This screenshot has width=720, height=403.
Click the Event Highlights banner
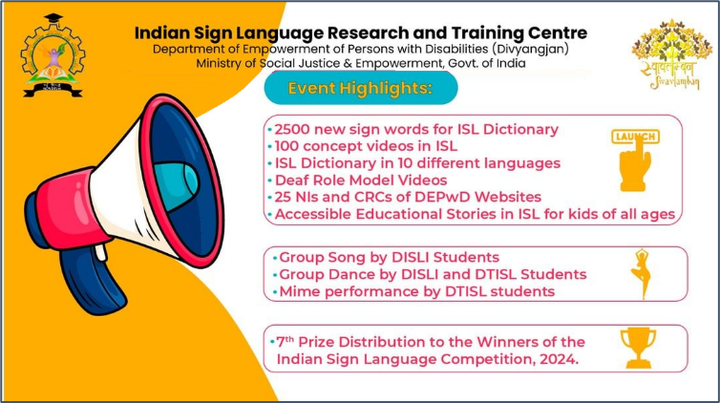[x=361, y=88]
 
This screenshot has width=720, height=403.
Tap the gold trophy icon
[x=638, y=348]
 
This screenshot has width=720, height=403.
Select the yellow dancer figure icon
[x=642, y=273]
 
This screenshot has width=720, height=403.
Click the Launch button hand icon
[x=636, y=160]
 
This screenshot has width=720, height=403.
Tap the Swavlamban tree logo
[x=672, y=54]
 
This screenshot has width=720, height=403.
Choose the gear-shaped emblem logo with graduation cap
[x=53, y=55]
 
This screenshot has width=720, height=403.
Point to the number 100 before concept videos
[x=286, y=146]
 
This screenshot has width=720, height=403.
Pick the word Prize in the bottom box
[x=316, y=342]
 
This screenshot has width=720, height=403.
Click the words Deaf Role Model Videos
[x=361, y=180]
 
